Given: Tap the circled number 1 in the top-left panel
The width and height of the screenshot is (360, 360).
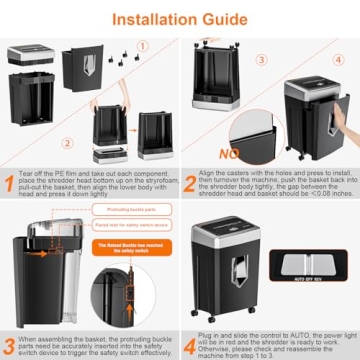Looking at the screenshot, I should (143, 44).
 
